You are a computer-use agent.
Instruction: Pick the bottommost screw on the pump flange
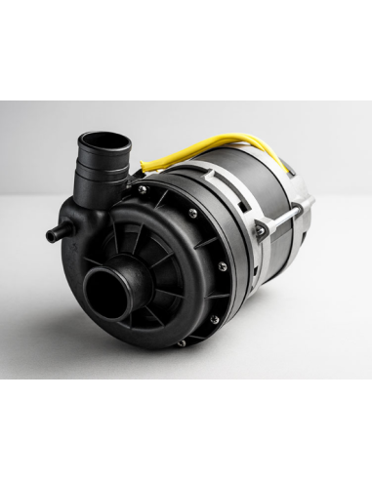180,341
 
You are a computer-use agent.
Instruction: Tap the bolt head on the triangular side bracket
260,229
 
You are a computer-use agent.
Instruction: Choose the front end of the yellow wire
145,166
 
